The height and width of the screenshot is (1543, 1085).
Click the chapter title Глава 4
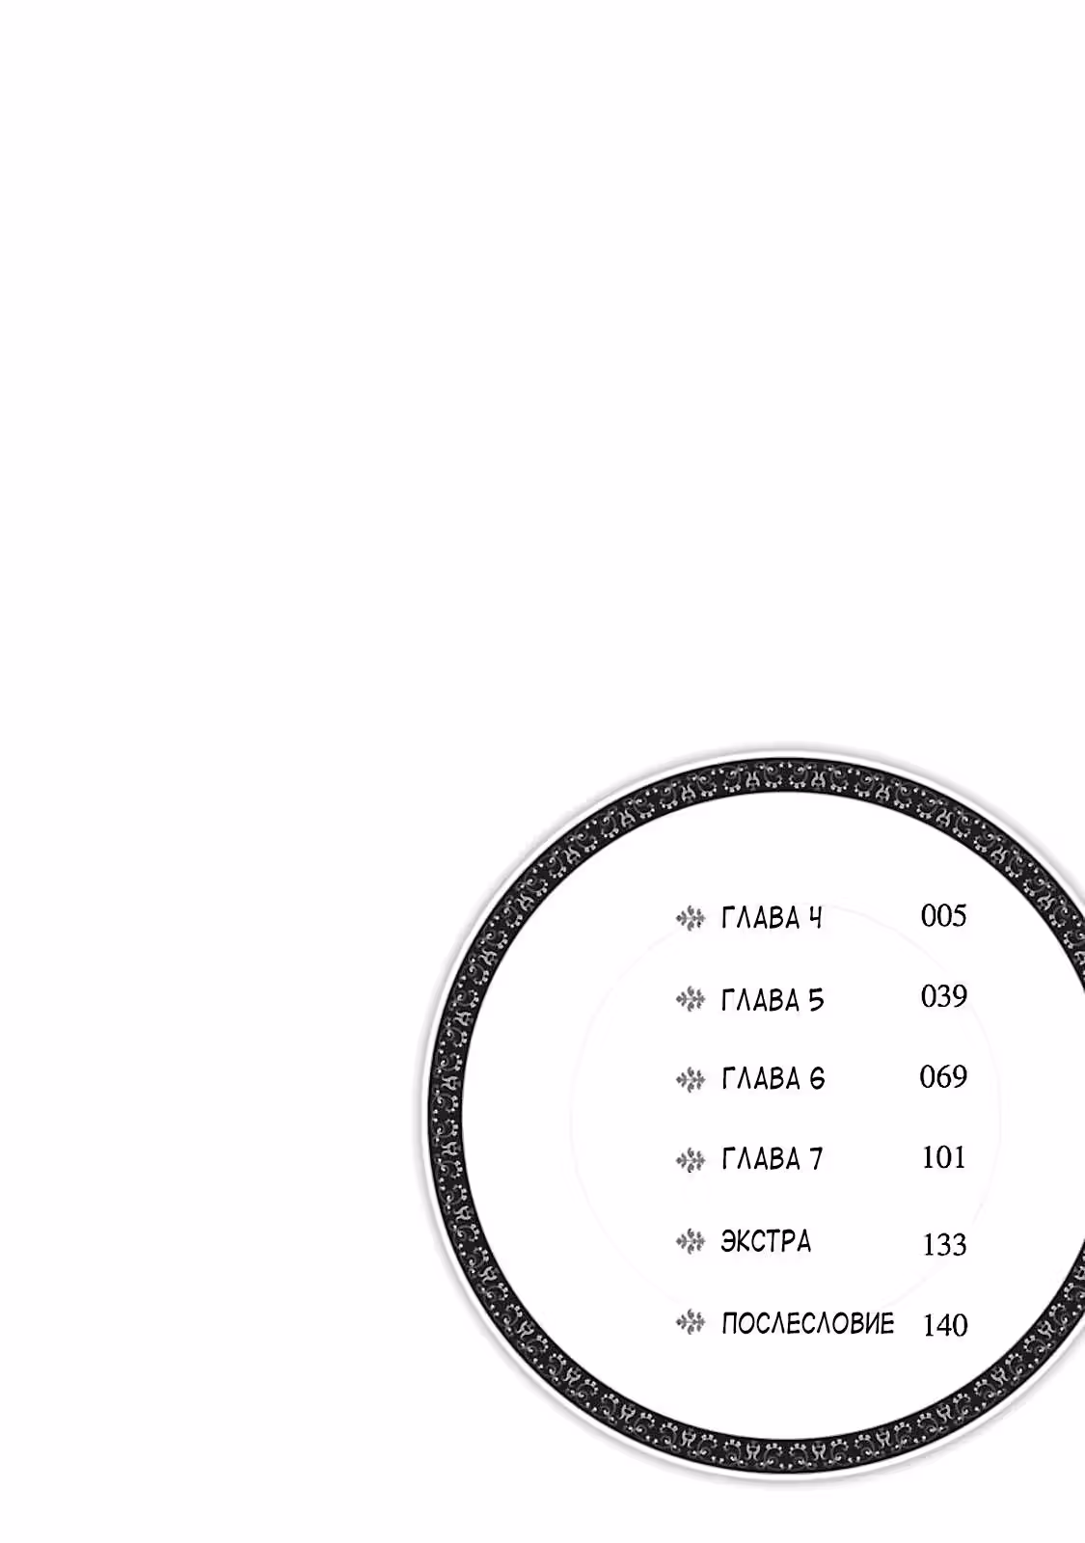pos(772,919)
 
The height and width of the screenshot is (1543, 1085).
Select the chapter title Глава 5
pos(773,1000)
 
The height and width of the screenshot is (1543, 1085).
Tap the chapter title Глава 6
pos(773,1079)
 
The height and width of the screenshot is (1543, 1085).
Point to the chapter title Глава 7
pos(773,1160)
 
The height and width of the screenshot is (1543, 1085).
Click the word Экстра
pos(766,1242)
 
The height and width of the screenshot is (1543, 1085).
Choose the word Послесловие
pos(807,1324)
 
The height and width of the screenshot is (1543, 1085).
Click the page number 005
pos(944,916)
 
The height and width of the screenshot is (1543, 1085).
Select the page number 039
pos(944,997)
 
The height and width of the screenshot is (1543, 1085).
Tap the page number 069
pos(943,1076)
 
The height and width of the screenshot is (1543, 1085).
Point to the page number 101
pos(943,1158)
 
